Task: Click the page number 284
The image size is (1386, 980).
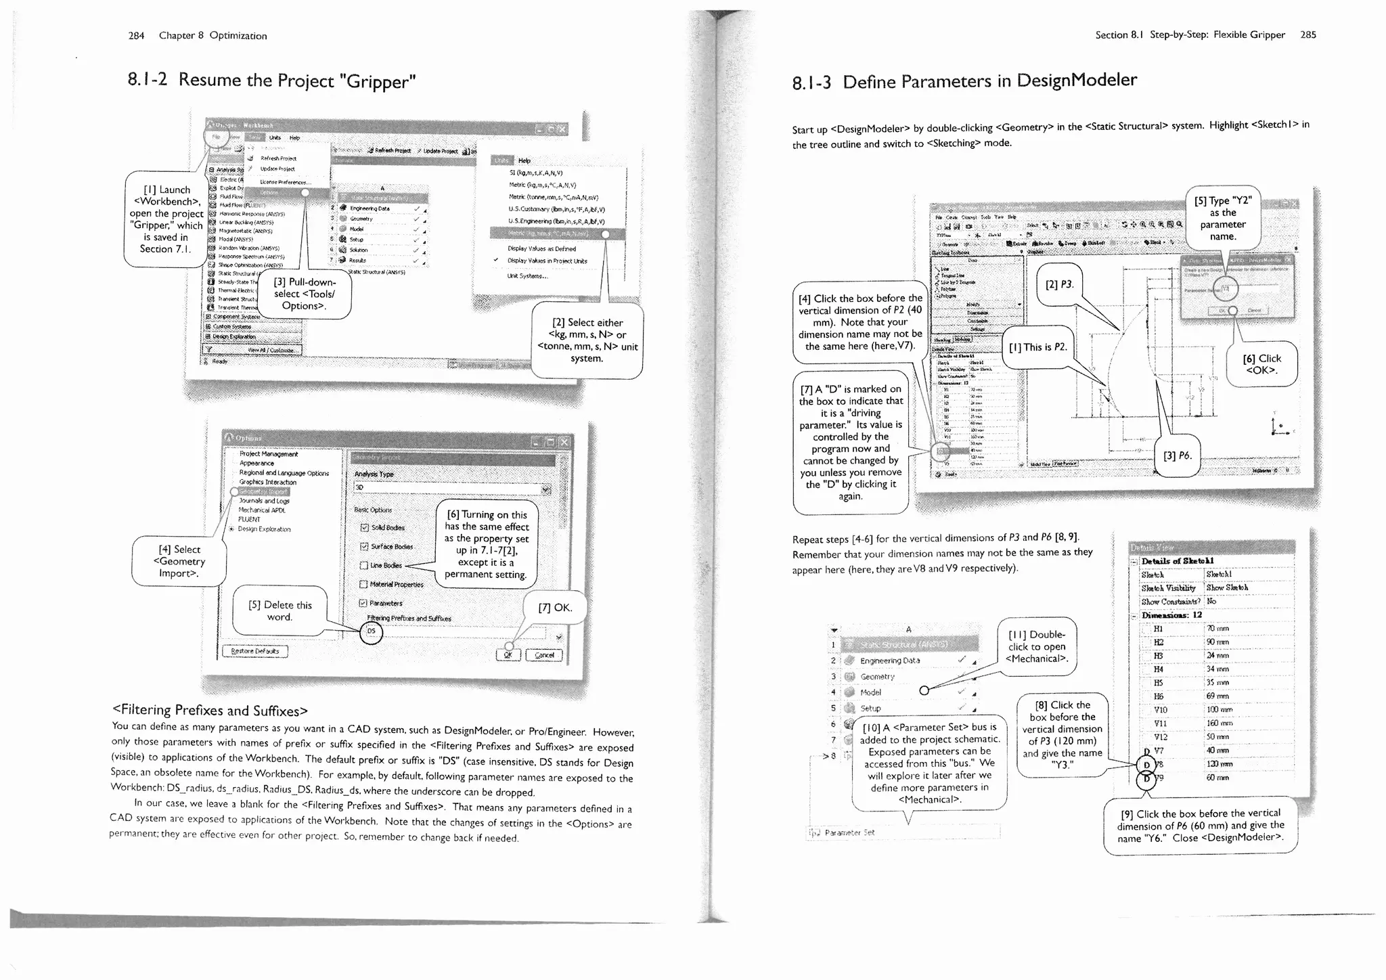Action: click(136, 36)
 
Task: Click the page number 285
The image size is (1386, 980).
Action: click(1307, 35)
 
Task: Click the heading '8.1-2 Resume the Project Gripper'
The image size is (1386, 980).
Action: click(271, 81)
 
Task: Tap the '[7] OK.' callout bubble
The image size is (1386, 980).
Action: click(555, 608)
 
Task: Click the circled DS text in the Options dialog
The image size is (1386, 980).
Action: click(371, 631)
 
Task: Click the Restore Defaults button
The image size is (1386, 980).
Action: click(254, 652)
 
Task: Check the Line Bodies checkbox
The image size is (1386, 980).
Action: click(363, 566)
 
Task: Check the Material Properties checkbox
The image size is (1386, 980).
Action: click(363, 585)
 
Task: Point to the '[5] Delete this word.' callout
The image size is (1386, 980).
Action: click(279, 611)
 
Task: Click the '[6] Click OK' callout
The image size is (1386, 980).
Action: click(1261, 364)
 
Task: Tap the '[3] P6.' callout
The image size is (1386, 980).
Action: click(1177, 456)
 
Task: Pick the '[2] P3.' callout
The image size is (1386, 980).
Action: click(1059, 284)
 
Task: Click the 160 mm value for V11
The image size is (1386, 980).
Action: click(1217, 723)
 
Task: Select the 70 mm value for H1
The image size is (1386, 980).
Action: click(1217, 629)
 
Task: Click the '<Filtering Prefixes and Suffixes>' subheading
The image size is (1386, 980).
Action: click(210, 710)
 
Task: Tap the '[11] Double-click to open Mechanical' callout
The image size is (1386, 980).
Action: click(1037, 646)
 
